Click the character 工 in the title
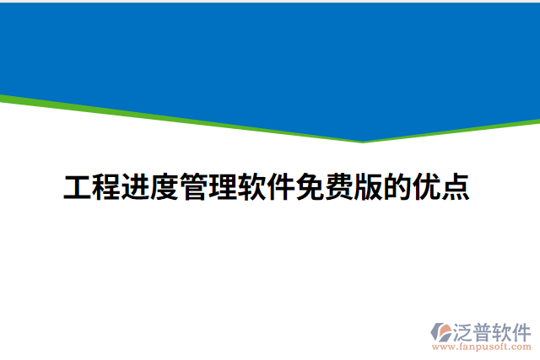pos(78,188)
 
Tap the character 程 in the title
pos(106,188)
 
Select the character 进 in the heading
pos(136,188)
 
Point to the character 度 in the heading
pos(165,188)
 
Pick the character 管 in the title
pos(194,188)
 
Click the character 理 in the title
pos(223,188)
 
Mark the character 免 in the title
pos(310,188)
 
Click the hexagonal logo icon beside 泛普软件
pos(441,330)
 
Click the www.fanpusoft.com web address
pos(481,346)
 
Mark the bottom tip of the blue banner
pos(364,141)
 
